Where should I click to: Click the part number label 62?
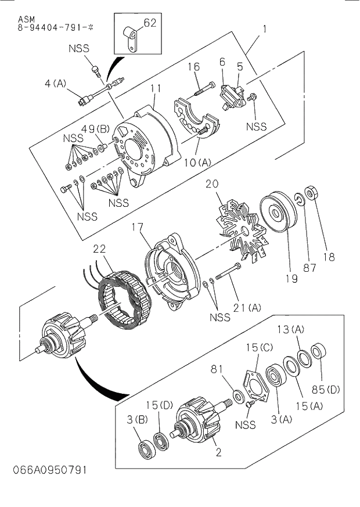[150, 24]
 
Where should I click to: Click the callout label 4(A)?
[56, 83]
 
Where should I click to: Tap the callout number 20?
[212, 184]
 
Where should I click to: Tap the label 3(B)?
[127, 419]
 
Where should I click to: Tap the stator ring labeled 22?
[123, 297]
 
